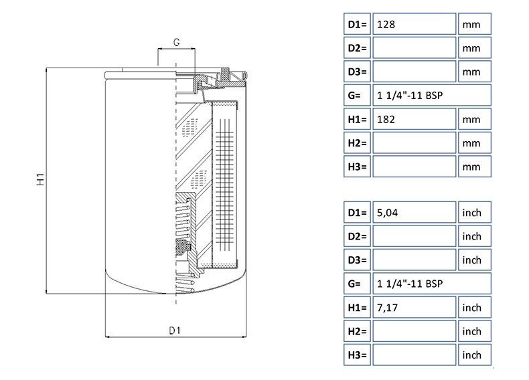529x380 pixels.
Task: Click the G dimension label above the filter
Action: point(176,43)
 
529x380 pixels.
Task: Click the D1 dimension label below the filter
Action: point(175,330)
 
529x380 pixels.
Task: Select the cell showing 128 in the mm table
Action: point(414,25)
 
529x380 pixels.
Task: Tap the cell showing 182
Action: point(414,119)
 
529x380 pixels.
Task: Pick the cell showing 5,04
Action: point(414,213)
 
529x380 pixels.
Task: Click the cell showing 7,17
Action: point(414,308)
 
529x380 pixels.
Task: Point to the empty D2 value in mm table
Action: point(414,48)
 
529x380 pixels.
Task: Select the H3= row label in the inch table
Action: point(357,355)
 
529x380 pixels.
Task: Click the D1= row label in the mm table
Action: point(357,25)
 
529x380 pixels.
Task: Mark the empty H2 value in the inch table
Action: point(414,331)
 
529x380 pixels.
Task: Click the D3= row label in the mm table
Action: point(357,72)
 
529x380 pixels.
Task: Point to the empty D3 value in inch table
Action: point(414,260)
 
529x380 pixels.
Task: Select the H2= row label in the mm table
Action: point(357,142)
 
